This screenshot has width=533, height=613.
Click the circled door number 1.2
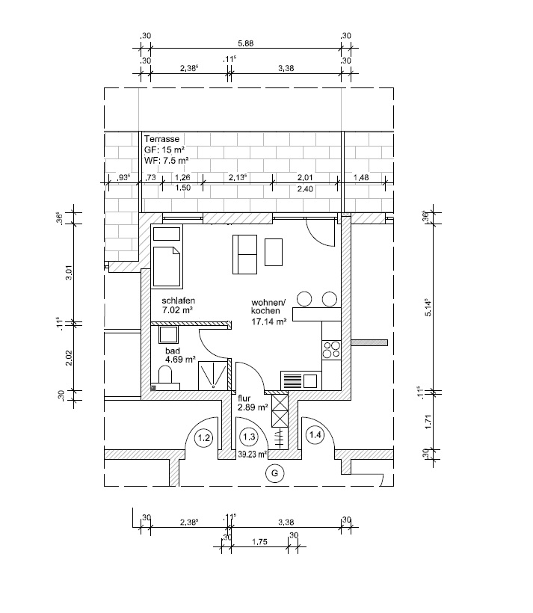pos(204,437)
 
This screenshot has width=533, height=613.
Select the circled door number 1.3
pos(249,437)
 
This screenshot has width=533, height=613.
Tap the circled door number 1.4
pos(315,434)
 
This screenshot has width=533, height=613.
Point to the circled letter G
pos(274,473)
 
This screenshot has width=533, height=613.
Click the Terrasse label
pos(161,139)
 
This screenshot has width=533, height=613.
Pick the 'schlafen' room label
pos(179,301)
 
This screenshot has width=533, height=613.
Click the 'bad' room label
pos(173,351)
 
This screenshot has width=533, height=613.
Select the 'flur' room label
pos(244,398)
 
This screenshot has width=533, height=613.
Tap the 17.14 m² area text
pos(269,321)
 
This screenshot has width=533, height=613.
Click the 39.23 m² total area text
pos(252,455)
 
